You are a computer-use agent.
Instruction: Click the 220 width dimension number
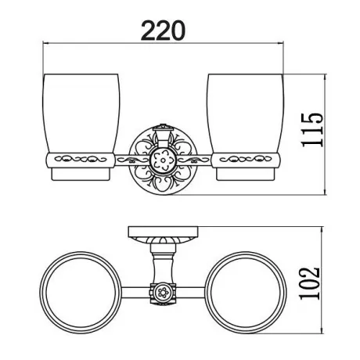(x=163, y=31)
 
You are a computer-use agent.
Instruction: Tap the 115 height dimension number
(x=312, y=130)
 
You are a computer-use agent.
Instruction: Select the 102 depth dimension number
(x=310, y=283)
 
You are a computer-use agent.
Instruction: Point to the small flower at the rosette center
(x=163, y=160)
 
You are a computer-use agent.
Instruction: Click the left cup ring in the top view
(x=81, y=293)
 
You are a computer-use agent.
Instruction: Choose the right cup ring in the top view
(x=246, y=293)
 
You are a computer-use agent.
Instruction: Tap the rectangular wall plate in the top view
(x=163, y=231)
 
